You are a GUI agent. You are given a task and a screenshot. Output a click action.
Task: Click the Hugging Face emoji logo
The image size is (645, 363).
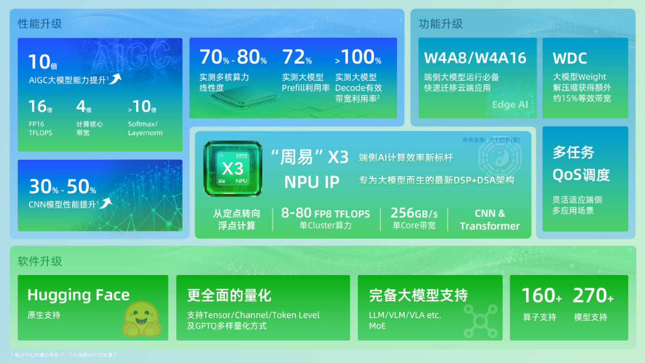[141, 319]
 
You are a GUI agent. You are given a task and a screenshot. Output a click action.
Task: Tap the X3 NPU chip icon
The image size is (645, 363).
[233, 168]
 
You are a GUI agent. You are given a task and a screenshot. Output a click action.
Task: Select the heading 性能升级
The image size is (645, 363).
[40, 23]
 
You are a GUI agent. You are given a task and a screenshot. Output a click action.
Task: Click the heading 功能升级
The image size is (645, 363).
[441, 23]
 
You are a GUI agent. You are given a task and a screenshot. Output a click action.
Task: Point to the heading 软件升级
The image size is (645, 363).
[40, 261]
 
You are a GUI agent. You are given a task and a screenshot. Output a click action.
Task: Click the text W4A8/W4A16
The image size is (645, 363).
[475, 58]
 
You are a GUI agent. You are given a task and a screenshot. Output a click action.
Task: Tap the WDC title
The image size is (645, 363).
[570, 58]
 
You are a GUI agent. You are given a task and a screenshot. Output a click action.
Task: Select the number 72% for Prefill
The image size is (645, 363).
[297, 57]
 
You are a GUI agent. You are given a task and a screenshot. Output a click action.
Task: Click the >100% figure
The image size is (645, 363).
[358, 57]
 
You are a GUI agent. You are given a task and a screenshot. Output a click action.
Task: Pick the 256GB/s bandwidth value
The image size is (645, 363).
[414, 214]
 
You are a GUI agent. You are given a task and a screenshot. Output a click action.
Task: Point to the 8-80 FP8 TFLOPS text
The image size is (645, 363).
[325, 214]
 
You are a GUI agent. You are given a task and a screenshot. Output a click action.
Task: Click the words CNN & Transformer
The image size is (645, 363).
[489, 220]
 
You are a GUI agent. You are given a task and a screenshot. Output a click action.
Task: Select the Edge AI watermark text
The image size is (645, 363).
[510, 105]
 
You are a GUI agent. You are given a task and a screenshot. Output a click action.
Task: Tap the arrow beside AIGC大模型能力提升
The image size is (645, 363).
[116, 78]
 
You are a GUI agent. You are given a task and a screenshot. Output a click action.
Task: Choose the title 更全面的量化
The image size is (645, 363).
[229, 295]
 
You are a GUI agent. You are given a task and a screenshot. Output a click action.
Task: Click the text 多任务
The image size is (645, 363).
[573, 153]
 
